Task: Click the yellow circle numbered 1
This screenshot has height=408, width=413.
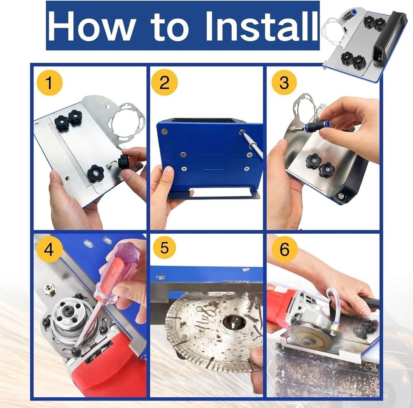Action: tap(49, 83)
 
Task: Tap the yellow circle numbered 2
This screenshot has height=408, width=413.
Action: tap(164, 83)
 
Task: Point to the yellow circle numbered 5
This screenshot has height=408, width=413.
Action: tap(164, 249)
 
